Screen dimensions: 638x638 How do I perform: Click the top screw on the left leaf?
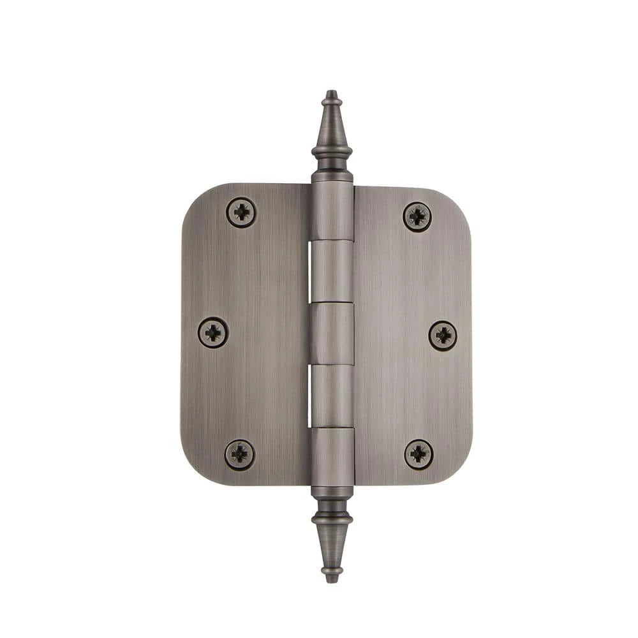241,212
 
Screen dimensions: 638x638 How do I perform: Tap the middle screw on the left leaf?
213,332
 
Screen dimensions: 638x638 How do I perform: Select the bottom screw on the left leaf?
240,454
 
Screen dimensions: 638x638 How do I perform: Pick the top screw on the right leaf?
417,217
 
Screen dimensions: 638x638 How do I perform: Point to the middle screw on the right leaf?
443,335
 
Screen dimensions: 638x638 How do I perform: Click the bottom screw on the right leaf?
419,454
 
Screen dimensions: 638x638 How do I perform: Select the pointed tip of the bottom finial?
331,578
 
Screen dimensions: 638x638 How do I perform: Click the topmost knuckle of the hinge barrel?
332,211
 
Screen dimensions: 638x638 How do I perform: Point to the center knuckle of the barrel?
332,333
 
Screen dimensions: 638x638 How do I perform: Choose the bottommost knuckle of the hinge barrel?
332,456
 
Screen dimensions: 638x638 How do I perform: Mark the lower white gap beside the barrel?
311,396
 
